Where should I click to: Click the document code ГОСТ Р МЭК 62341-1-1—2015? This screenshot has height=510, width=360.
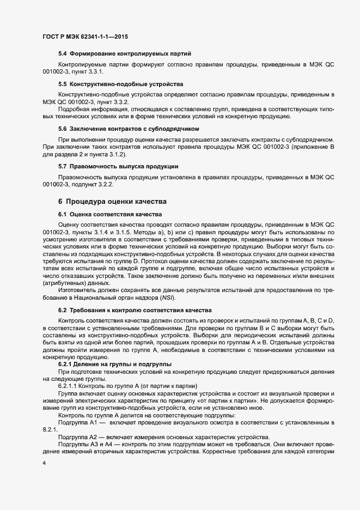(85, 37)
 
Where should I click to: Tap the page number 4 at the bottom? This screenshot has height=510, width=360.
(44, 463)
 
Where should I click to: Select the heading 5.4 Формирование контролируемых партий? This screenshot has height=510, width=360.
(124, 53)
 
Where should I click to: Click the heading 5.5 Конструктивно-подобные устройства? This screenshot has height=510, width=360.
(120, 84)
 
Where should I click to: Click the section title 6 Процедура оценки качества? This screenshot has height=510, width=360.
(112, 201)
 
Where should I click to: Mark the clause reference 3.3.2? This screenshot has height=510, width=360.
(119, 102)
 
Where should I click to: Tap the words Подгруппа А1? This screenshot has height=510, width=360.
(77, 423)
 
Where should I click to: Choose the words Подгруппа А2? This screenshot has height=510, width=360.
(77, 438)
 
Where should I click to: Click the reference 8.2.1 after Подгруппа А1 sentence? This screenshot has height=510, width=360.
(51, 430)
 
